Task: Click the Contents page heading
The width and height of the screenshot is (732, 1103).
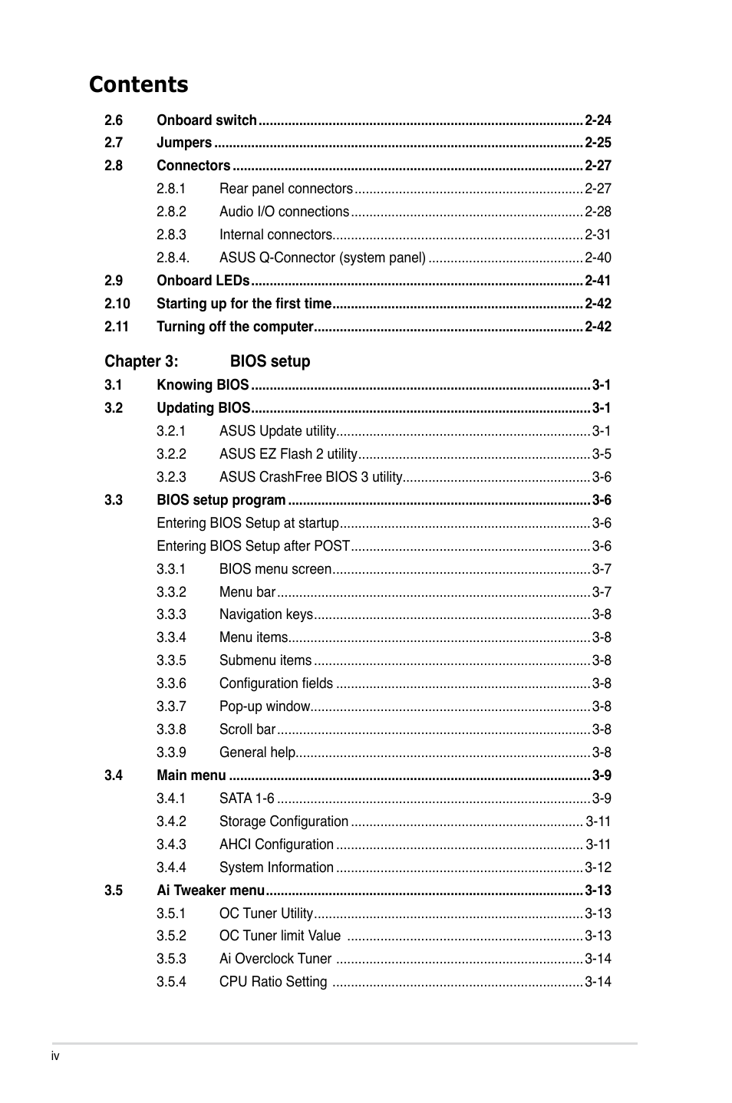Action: [138, 84]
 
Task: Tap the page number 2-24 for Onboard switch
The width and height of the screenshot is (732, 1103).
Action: [598, 120]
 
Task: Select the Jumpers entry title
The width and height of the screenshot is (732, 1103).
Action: [184, 143]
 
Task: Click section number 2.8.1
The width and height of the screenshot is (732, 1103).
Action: [171, 189]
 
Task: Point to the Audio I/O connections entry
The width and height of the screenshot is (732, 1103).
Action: [284, 212]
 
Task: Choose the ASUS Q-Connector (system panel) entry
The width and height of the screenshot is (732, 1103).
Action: [322, 258]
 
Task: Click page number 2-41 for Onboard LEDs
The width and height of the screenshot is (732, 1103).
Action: [598, 281]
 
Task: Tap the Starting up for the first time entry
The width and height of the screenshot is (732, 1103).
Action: [244, 304]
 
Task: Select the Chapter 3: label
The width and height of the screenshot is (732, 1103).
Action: [141, 361]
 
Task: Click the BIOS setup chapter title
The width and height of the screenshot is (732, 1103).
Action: [270, 361]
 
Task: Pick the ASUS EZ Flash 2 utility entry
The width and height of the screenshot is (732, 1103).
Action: [289, 454]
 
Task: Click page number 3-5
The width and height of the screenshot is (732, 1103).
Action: [602, 454]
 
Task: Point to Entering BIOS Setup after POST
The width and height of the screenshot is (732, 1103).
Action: [253, 546]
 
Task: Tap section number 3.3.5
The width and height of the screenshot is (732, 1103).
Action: [171, 660]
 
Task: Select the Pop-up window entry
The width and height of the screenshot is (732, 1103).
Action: [265, 706]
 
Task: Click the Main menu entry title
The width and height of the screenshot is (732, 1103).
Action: [191, 775]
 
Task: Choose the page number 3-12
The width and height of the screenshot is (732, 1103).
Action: [598, 868]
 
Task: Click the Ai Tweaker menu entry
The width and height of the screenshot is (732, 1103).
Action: [210, 891]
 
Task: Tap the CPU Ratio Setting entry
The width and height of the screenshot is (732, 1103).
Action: [273, 982]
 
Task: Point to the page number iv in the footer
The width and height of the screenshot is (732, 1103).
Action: [55, 1056]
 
